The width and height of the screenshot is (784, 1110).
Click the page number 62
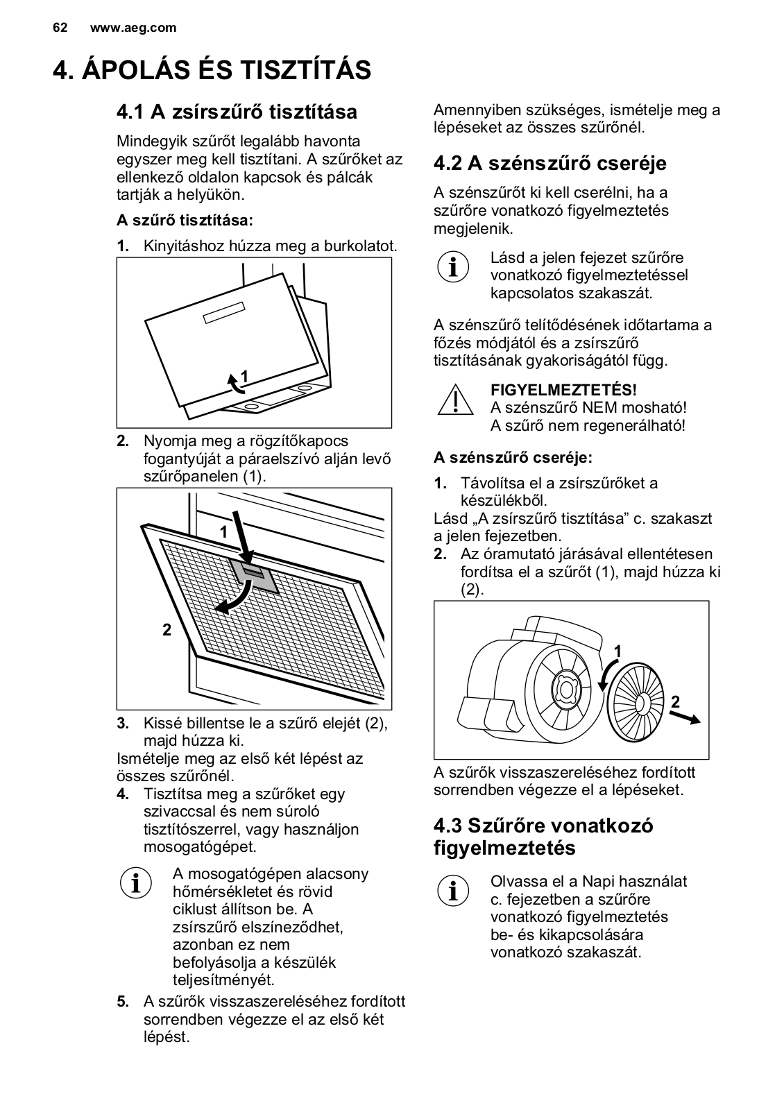pos(60,28)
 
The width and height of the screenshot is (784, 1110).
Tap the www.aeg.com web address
pos(133,28)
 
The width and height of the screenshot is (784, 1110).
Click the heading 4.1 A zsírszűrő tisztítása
pos(237,112)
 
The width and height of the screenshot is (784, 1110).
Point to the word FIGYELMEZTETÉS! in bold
pos(563,391)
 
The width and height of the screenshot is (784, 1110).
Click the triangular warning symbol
pos(454,400)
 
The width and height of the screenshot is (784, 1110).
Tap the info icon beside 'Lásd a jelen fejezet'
pos(454,267)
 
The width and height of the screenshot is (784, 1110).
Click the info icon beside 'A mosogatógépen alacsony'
pos(136,883)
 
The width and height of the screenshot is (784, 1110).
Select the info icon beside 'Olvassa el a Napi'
pos(454,891)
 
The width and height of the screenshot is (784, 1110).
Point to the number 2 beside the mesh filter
pos(167,631)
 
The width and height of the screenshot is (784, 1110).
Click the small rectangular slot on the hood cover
pos(225,314)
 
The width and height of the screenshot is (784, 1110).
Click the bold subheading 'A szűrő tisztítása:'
pos(185,221)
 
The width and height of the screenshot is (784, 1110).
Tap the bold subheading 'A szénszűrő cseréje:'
pos(513,458)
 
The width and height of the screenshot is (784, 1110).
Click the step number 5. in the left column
pos(123,1002)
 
